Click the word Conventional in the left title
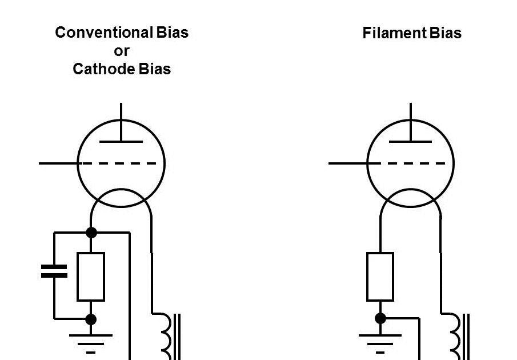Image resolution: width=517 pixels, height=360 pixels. (x=104, y=33)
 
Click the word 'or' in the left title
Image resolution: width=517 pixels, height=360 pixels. (x=122, y=51)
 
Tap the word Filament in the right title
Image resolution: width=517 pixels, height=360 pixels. (x=390, y=33)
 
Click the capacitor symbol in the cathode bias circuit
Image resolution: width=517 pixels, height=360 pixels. (x=54, y=271)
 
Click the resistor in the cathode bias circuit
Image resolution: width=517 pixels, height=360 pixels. (x=91, y=277)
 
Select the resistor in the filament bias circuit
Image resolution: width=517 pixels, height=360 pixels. (x=380, y=277)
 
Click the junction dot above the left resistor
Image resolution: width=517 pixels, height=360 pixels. (x=91, y=233)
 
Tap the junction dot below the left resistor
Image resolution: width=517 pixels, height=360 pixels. (x=91, y=319)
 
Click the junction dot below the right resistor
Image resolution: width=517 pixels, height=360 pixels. (x=380, y=318)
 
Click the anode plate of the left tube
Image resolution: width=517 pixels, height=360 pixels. (x=121, y=141)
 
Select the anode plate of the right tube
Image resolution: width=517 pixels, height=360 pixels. (x=411, y=141)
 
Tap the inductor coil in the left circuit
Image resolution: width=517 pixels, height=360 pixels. (x=166, y=334)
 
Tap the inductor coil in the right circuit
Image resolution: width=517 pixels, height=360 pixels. (x=455, y=334)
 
